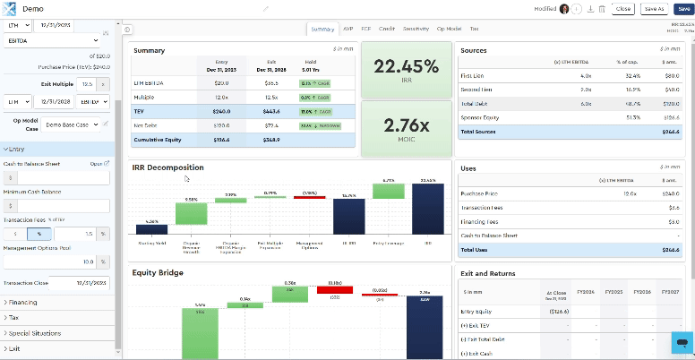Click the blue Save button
[x=683, y=8]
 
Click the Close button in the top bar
[x=623, y=8]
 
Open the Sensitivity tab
[x=416, y=29]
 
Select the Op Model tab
[x=450, y=29]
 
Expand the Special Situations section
[x=36, y=332]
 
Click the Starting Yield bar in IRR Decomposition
[x=151, y=229]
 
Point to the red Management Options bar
[x=309, y=196]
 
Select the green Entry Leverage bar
[x=388, y=192]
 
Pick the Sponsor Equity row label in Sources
[x=481, y=116]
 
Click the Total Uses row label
[x=476, y=249]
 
